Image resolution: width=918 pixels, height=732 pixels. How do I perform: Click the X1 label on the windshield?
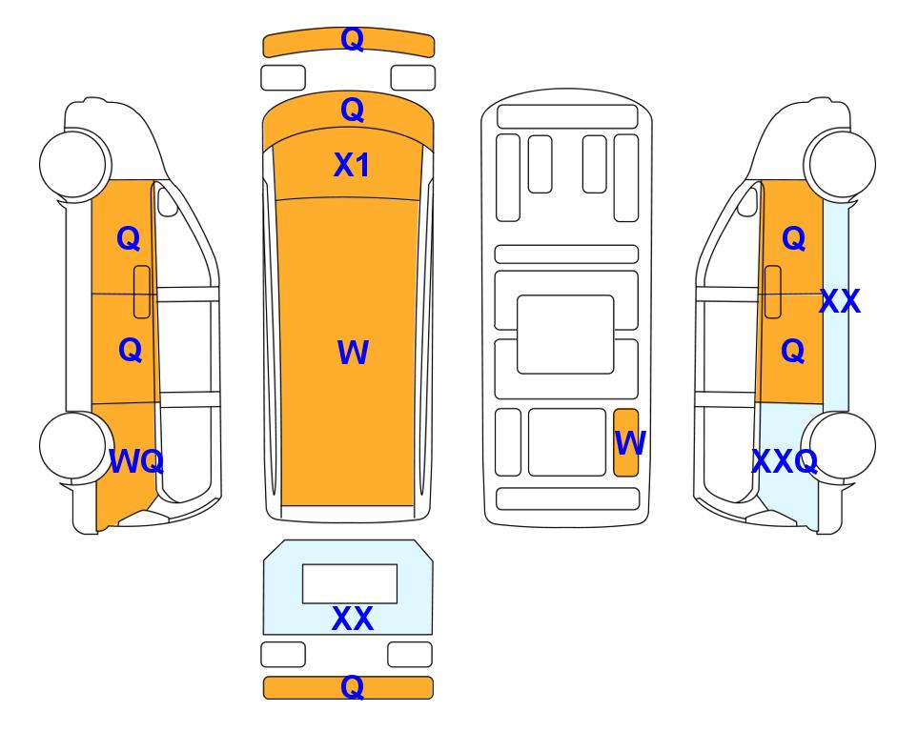pos(351,165)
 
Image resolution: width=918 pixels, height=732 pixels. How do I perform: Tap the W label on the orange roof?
pos(353,353)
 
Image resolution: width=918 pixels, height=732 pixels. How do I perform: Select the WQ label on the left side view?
pos(135,461)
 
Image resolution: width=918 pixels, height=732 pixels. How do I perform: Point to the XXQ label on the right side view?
pos(785,461)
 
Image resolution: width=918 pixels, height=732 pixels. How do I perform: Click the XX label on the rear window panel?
pos(353,619)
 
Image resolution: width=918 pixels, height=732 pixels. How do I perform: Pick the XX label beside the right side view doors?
pos(840,301)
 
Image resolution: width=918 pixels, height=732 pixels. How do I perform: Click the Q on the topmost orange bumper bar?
pos(352,39)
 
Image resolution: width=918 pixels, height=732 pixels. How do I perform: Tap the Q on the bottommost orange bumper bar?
pos(352,686)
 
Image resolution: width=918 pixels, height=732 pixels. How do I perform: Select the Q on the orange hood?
pos(352,110)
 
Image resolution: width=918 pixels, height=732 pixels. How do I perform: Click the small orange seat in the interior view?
pos(626,442)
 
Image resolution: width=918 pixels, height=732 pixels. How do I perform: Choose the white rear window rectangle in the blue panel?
pos(350,584)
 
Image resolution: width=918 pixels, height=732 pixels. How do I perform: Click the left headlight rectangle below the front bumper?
pos(283,78)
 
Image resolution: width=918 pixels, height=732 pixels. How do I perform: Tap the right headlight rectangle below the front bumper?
pos(413,78)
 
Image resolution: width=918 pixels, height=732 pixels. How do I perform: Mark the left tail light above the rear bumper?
pos(283,654)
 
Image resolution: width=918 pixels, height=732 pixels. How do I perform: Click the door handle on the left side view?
pos(142,292)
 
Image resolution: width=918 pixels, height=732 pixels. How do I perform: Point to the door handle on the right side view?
pos(773,292)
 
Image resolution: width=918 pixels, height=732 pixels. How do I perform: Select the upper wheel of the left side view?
pos(75,163)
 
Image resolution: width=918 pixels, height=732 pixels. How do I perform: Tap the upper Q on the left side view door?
pos(129,238)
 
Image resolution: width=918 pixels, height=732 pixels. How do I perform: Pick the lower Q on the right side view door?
pos(793,350)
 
